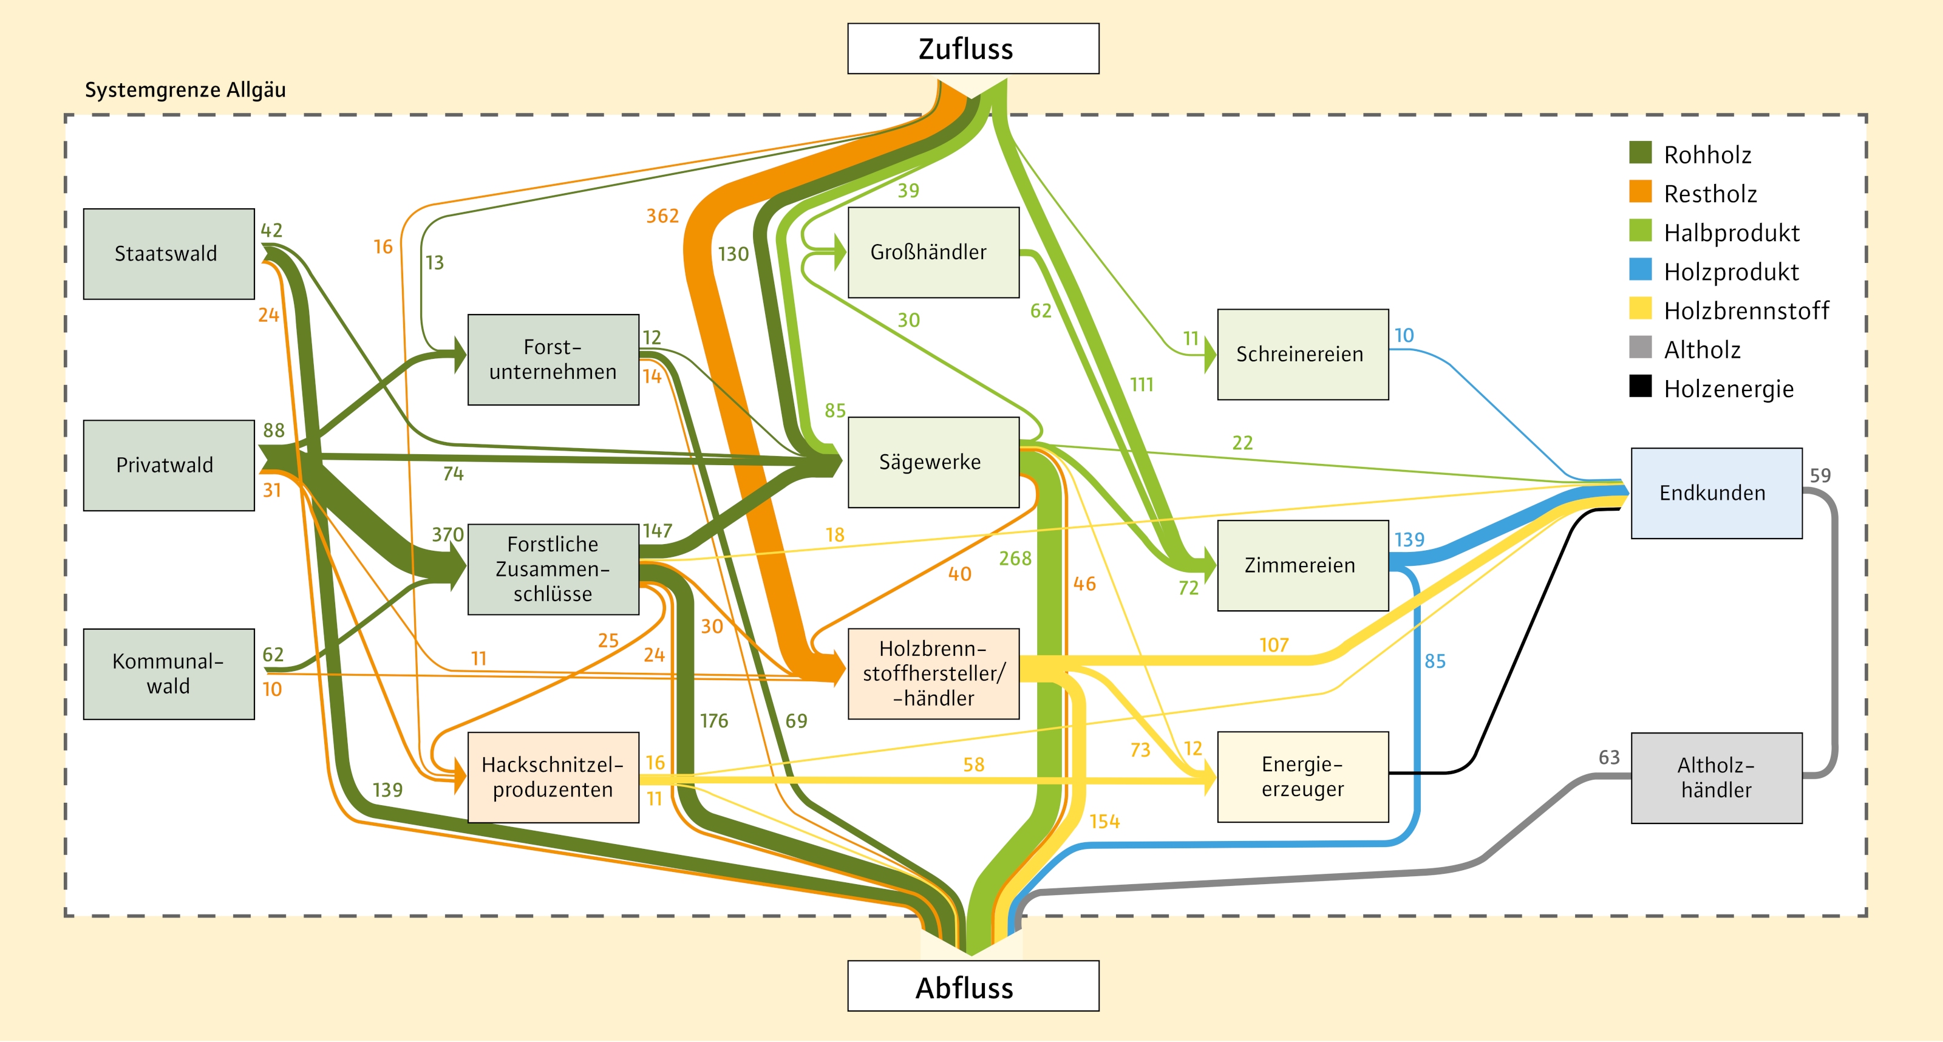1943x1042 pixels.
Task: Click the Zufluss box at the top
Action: (973, 49)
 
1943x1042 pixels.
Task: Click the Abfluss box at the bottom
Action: (973, 986)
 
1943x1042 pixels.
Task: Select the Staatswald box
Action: (168, 254)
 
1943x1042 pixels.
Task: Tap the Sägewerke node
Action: (933, 461)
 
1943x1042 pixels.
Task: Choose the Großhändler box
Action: (933, 252)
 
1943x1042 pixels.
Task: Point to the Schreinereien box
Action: (1302, 354)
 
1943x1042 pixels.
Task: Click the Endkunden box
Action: (1716, 492)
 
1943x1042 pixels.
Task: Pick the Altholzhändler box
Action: (1716, 777)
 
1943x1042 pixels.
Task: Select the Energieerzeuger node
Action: (1302, 777)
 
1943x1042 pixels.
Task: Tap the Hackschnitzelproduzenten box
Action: (553, 777)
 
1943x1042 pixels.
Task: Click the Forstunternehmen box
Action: (553, 359)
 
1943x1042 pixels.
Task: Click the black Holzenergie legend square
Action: (1640, 386)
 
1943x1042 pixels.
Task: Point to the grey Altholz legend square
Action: (1640, 347)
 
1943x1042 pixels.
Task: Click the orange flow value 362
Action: (662, 217)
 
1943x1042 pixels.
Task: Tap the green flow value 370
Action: (447, 534)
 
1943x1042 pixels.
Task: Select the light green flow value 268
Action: (1015, 559)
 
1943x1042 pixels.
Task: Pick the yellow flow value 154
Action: (1104, 822)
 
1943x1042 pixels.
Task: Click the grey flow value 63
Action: (1609, 757)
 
